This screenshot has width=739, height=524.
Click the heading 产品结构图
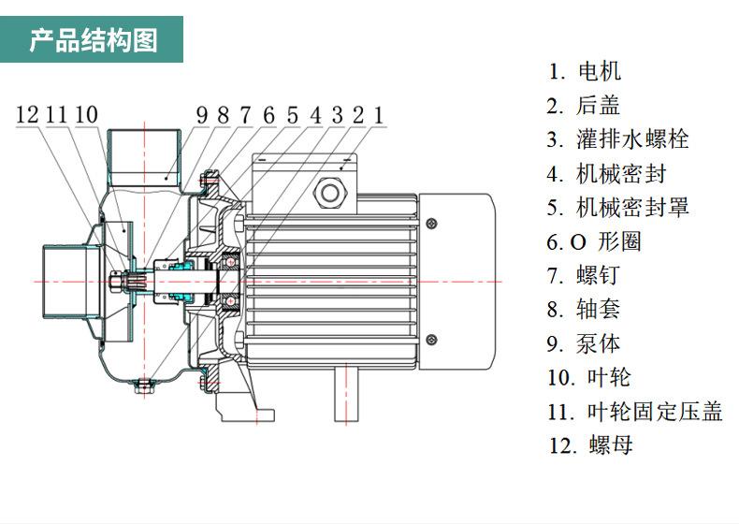tap(93, 40)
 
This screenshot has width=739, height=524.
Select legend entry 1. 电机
tap(585, 72)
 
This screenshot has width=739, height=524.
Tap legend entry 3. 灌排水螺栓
tap(618, 139)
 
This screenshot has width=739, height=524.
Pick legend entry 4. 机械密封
tap(606, 173)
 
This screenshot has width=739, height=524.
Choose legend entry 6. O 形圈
tap(594, 241)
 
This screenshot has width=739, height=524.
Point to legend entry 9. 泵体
tap(584, 343)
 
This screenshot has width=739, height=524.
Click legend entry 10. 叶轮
tap(588, 377)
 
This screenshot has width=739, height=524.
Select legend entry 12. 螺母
tap(590, 445)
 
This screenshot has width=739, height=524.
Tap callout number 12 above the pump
tap(27, 114)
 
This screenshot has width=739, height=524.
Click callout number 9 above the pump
tap(202, 115)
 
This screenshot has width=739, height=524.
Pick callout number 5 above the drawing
tap(293, 115)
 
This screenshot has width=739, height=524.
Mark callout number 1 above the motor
tap(379, 115)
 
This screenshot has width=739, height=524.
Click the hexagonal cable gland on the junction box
tap(330, 193)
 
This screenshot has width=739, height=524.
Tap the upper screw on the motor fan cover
tap(431, 223)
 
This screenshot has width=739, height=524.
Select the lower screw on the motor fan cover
tap(431, 340)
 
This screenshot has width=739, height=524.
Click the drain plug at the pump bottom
tap(144, 386)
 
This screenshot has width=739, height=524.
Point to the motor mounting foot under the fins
tap(346, 395)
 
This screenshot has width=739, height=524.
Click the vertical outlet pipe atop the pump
tap(144, 158)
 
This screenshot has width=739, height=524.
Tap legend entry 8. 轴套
tap(584, 310)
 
